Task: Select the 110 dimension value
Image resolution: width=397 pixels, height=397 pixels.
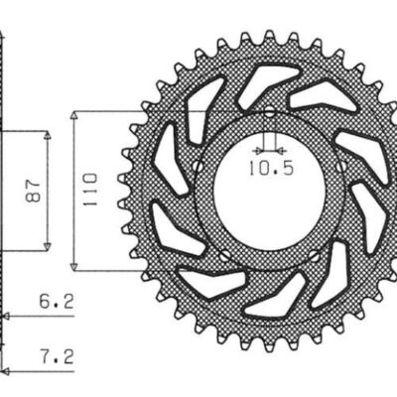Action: (x=90, y=190)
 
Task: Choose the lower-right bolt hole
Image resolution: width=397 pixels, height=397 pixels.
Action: (x=314, y=255)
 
